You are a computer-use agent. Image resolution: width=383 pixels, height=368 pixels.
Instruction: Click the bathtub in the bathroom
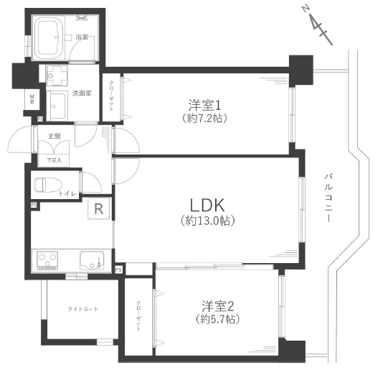point(49,37)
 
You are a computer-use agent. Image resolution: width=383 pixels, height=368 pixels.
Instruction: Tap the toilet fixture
point(48,185)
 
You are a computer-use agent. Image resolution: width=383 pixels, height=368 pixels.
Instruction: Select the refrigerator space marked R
point(99,208)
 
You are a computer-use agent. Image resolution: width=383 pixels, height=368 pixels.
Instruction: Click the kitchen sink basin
point(92,260)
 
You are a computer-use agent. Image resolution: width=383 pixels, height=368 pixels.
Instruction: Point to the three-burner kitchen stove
point(47,260)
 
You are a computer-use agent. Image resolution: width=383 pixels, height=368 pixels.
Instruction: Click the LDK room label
point(207,205)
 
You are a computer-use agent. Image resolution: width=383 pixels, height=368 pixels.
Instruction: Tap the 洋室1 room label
point(204,105)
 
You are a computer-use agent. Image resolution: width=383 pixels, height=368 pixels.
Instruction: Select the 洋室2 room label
point(217,306)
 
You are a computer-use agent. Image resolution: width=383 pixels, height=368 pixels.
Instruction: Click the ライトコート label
point(82,309)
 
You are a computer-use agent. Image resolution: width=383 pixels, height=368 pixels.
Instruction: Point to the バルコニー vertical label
point(328,198)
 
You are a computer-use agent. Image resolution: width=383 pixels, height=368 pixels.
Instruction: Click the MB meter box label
point(32,99)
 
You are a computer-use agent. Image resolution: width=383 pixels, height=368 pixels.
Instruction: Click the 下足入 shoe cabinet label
point(55,160)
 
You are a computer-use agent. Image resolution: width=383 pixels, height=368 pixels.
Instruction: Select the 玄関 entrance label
point(55,136)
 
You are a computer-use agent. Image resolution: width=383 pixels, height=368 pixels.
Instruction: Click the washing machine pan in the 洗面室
point(57,75)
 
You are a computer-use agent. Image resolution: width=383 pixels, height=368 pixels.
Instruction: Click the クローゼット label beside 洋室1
point(111,96)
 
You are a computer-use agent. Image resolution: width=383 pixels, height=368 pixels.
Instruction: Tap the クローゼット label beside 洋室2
point(138,316)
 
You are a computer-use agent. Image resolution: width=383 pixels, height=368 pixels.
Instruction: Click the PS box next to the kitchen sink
point(118,270)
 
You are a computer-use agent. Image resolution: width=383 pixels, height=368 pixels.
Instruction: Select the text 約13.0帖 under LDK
point(207,221)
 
